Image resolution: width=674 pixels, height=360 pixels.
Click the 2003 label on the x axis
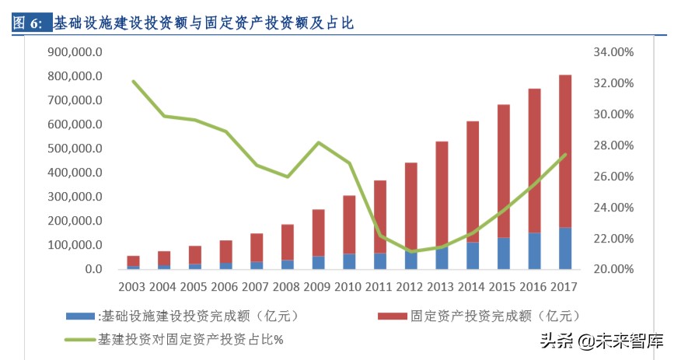tap(134, 287)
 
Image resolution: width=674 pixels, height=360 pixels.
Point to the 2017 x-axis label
tap(565, 287)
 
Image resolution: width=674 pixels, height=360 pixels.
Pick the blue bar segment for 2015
tap(504, 253)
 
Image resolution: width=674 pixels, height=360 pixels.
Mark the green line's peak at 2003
tap(134, 82)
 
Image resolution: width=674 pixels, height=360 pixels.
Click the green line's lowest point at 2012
tap(411, 251)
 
